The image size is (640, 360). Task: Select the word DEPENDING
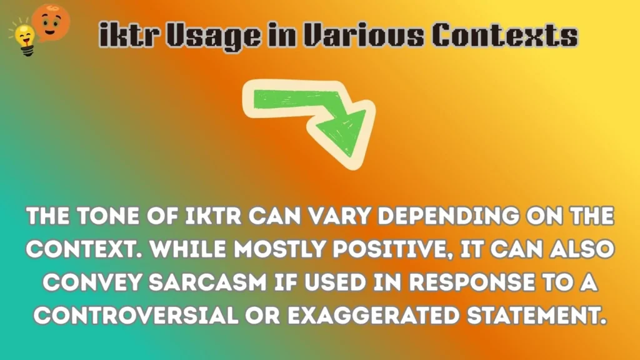click(x=443, y=218)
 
